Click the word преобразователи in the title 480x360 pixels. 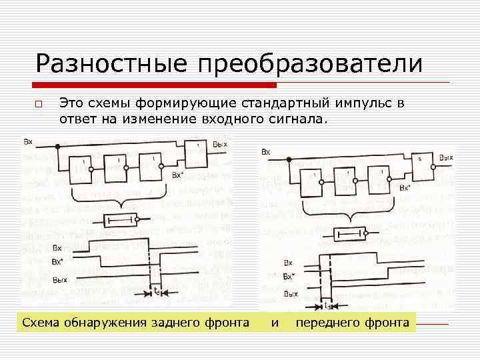(308, 64)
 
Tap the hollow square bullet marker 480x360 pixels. (39, 105)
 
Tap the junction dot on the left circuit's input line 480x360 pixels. (58, 146)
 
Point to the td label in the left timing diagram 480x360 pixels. (155, 292)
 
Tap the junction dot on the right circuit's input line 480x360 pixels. (288, 159)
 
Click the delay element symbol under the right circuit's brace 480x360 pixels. (349, 233)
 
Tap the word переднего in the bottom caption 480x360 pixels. (327, 323)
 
